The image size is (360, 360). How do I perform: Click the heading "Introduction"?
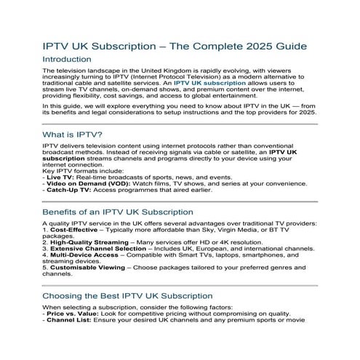pos(72,59)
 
